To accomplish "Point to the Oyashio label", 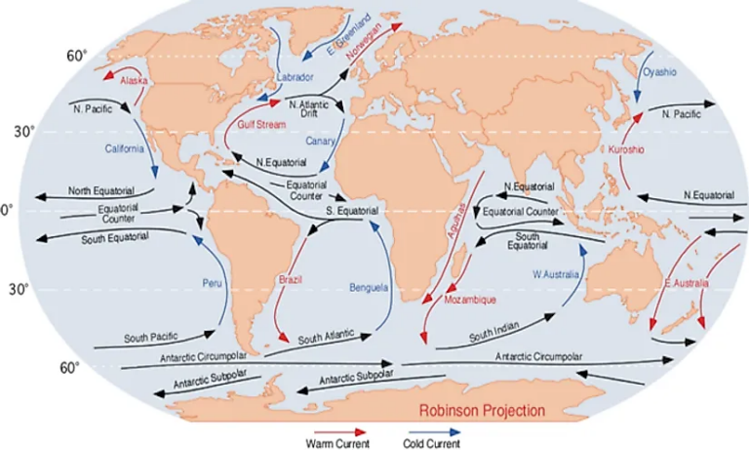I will [x=656, y=71].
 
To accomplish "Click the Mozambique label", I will [x=471, y=300].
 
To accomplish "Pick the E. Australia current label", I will [x=686, y=284].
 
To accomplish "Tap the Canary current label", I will [x=321, y=142].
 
